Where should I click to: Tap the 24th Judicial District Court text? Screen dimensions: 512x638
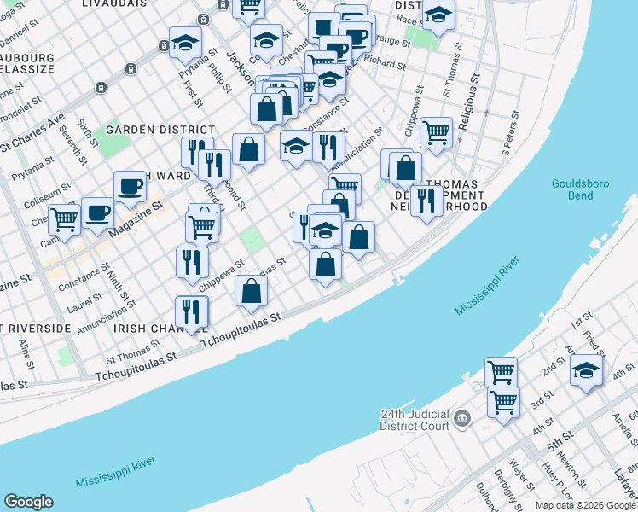pos(415,420)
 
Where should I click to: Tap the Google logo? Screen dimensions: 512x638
pos(28,502)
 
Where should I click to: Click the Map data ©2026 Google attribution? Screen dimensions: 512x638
pos(585,505)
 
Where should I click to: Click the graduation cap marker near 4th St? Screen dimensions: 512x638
pos(586,371)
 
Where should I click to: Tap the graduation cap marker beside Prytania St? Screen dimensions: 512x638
pos(185,43)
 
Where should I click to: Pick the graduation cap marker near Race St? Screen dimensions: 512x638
pos(438,16)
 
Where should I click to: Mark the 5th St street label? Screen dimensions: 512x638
pos(559,444)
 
